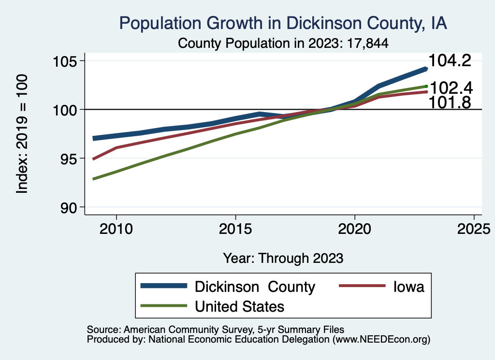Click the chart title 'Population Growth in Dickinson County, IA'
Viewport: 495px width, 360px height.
tap(283, 23)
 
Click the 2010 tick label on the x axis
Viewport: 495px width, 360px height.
tap(116, 228)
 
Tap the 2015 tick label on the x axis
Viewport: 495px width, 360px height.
tap(235, 228)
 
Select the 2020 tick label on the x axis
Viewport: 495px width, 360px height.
tap(354, 228)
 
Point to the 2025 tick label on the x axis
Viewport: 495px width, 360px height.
tap(474, 228)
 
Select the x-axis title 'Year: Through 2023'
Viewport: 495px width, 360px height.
tap(283, 258)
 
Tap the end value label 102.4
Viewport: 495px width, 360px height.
tap(451, 88)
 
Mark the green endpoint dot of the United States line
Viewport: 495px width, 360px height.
tap(426, 86)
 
